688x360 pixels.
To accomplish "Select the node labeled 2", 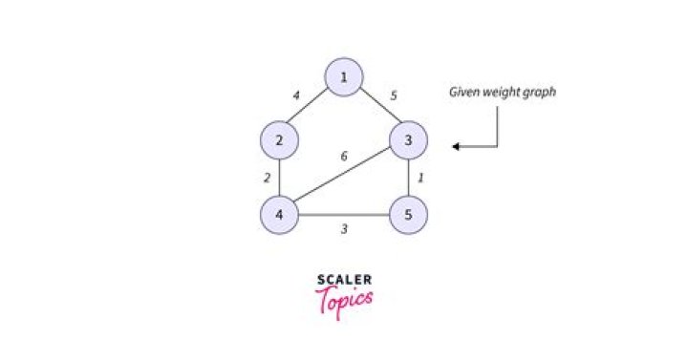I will point(279,141).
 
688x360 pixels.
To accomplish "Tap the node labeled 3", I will point(408,141).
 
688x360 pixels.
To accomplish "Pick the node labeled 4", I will point(279,214).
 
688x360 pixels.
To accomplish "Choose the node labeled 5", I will point(408,214).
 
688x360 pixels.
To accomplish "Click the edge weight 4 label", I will point(297,95).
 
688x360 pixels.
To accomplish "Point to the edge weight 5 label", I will point(394,95).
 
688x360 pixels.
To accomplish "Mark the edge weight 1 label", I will point(422,178).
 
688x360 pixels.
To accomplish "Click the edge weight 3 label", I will point(344,230).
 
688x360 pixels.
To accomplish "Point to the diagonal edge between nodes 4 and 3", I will point(344,178).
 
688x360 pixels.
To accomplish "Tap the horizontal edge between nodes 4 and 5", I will point(344,214).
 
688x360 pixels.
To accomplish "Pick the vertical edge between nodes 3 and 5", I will point(408,178).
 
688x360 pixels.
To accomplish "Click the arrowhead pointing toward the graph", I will point(458,146).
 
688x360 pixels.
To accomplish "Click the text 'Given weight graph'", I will point(503,93).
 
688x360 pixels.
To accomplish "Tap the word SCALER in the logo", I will point(344,280).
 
